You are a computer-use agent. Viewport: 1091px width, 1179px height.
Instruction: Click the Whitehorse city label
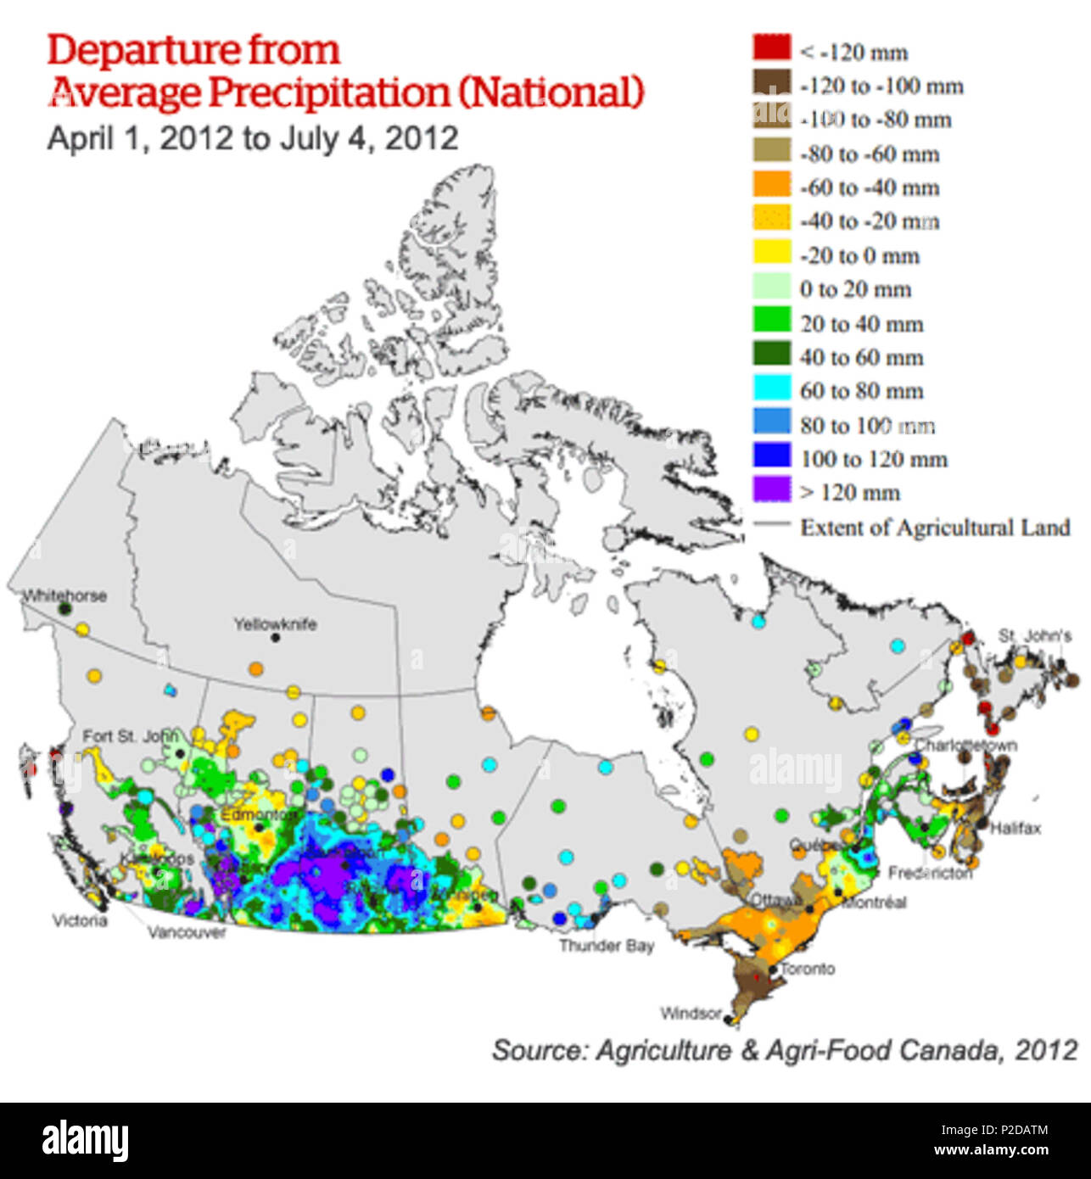64,595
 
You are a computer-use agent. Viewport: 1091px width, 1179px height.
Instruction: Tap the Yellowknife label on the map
275,624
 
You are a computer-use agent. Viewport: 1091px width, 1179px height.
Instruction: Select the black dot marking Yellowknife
275,638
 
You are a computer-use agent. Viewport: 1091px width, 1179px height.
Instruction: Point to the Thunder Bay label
606,945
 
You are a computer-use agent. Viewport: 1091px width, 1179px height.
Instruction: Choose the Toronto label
808,969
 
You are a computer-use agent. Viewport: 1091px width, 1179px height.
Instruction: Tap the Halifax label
1015,828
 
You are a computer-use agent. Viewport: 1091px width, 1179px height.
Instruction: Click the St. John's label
1034,635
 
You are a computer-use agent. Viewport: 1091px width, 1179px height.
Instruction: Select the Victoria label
80,920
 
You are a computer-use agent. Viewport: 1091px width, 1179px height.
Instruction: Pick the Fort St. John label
130,736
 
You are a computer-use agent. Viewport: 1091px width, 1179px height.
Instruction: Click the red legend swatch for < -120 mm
771,48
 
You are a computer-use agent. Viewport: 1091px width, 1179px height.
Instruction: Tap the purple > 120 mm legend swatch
771,490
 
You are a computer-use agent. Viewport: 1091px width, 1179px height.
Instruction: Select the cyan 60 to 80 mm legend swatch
771,388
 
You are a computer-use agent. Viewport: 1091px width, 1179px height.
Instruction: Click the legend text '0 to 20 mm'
855,289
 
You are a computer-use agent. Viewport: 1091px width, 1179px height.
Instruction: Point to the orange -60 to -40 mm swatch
771,185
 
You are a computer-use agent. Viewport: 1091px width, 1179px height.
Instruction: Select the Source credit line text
784,1050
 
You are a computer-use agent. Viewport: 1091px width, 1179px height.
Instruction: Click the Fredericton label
930,873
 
